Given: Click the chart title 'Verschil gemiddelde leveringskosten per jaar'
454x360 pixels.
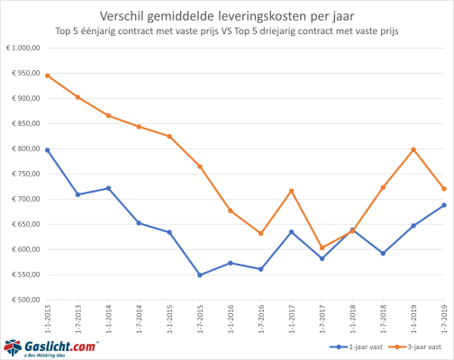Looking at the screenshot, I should point(227,13).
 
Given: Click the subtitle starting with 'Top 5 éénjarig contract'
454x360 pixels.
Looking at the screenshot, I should point(227,31).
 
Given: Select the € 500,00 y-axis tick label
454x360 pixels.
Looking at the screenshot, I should point(22,300).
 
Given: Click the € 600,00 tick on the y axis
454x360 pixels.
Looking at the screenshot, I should point(22,249).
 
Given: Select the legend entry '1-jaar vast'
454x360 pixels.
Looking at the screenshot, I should point(348,346).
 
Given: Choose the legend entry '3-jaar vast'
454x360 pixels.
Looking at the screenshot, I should point(413,346).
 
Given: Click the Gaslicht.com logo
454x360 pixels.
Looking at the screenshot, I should point(50,346).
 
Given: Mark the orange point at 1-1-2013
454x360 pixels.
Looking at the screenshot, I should point(47,76).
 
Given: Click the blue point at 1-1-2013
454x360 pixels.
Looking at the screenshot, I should point(47,150).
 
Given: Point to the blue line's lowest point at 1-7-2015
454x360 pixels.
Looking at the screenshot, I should point(199,275).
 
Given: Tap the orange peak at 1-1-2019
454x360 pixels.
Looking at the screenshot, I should point(413,149).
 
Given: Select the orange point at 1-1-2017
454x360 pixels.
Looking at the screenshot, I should point(291,191).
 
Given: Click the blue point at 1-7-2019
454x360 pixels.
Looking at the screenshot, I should point(443,205).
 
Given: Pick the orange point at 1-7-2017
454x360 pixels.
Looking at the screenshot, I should point(322,247).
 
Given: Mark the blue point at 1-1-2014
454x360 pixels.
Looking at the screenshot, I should point(108,188).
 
